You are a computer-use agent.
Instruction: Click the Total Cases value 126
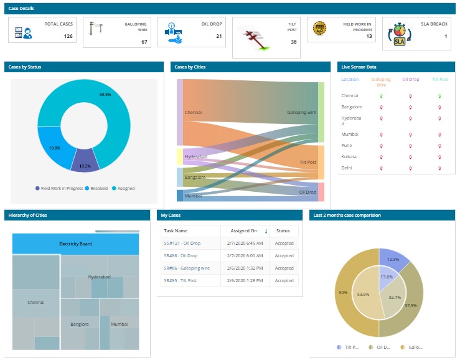(68, 36)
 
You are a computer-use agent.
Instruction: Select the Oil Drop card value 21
(218, 36)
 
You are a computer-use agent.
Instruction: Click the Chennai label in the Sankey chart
(193, 113)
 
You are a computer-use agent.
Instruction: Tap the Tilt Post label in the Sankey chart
(307, 162)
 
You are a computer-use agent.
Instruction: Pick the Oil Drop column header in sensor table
(410, 80)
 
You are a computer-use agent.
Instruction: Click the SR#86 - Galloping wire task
(186, 268)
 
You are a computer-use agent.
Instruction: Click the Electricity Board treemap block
(75, 244)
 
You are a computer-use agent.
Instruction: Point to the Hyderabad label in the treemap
(99, 276)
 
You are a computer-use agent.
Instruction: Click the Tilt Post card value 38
(293, 42)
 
